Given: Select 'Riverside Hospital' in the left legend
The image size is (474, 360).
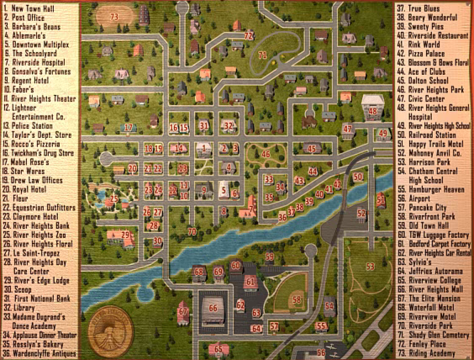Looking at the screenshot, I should [x=37, y=61].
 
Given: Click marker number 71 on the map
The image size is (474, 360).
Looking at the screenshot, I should [x=263, y=56].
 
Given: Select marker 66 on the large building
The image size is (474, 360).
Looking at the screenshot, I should [x=213, y=308].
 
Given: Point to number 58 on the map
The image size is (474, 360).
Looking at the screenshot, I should [x=296, y=299].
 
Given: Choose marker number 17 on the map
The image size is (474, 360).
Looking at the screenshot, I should [x=128, y=128].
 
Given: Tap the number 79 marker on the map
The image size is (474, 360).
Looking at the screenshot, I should [x=125, y=236].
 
